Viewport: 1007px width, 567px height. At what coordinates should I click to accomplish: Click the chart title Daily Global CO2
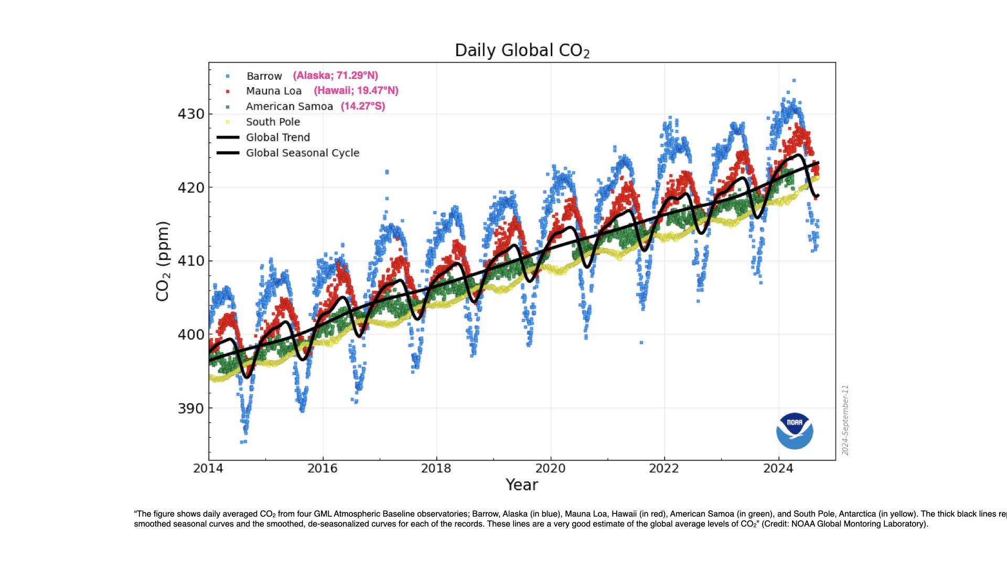pos(522,50)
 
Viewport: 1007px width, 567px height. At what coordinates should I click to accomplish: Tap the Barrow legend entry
pos(264,76)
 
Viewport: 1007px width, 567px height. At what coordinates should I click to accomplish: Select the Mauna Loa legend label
pos(273,91)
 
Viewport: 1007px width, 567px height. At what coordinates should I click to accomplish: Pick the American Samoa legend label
pos(289,107)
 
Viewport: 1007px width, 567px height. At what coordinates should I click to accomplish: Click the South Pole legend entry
pos(273,122)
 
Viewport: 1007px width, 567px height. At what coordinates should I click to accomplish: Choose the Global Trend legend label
pos(277,138)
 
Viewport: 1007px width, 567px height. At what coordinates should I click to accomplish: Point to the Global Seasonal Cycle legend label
pos(302,153)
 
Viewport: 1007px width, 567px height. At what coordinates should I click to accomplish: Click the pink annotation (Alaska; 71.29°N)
pos(335,76)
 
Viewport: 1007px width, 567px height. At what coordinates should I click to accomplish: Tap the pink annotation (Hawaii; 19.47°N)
pos(356,91)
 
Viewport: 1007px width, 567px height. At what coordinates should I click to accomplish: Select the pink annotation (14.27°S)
pos(363,106)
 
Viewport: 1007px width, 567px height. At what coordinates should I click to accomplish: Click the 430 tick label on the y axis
pos(191,114)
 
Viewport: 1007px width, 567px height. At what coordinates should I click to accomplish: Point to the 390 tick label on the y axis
pos(191,408)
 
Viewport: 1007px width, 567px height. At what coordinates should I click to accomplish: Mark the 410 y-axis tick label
pos(191,261)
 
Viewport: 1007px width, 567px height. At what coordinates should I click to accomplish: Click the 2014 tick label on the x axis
pos(208,468)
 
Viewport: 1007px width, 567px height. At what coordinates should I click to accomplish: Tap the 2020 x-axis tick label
pos(550,468)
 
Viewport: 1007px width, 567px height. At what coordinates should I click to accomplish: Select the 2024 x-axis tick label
pos(778,468)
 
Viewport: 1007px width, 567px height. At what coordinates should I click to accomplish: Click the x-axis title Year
pos(521,485)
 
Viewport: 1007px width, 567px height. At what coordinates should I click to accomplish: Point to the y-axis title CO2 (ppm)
pos(163,261)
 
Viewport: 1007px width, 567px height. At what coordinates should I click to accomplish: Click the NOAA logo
pos(795,431)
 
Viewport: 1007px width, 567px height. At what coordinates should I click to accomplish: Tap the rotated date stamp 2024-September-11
pos(845,420)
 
